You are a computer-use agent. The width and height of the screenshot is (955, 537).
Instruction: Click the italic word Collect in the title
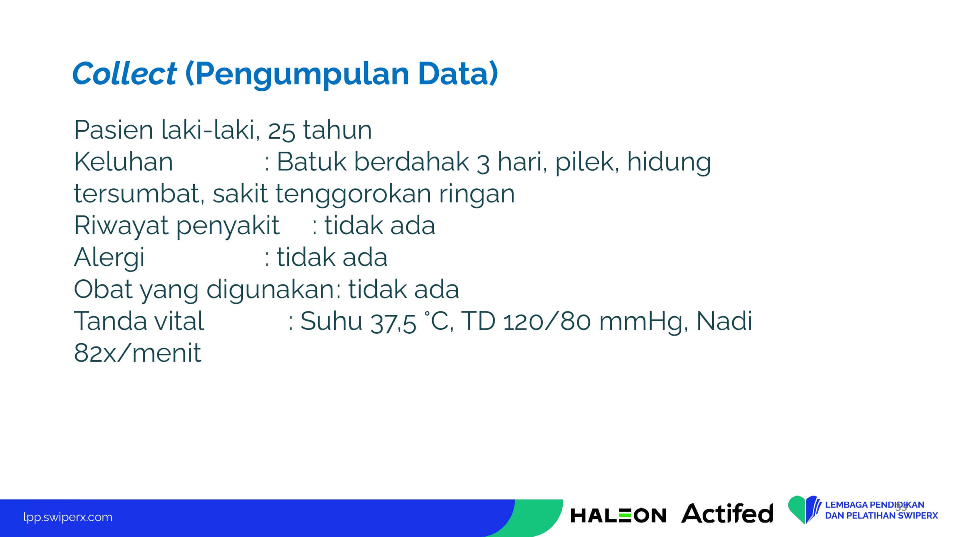[124, 73]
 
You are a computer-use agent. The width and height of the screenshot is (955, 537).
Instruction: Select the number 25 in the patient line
[281, 131]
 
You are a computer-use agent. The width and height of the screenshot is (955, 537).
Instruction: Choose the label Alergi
[109, 258]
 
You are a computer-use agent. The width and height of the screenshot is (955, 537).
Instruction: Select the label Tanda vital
[139, 321]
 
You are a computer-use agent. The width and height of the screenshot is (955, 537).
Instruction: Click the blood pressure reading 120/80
[547, 321]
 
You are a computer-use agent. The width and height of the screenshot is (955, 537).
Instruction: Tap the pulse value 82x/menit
[138, 353]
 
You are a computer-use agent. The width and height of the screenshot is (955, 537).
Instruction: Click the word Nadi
[724, 321]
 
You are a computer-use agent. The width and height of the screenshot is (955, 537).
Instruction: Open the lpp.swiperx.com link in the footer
[68, 517]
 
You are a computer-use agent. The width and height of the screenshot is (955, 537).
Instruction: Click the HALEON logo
[618, 515]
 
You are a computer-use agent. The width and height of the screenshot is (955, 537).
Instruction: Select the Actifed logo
[727, 513]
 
